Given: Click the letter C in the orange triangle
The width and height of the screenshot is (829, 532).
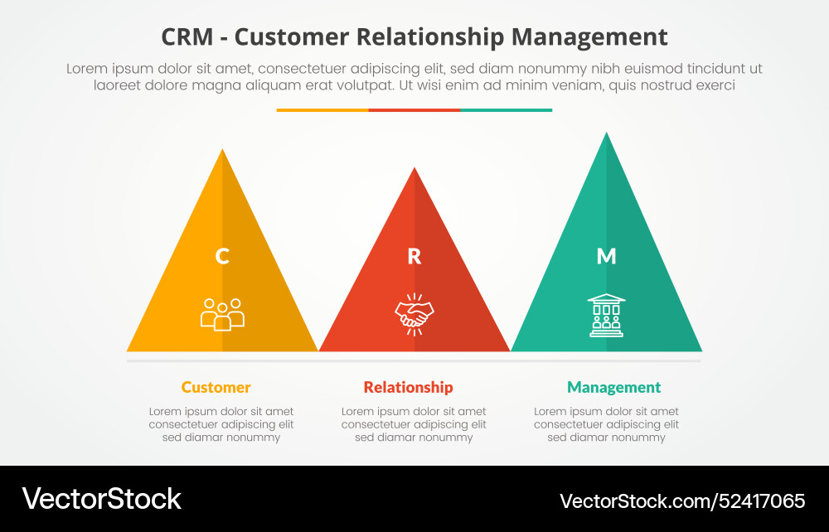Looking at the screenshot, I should (x=222, y=256).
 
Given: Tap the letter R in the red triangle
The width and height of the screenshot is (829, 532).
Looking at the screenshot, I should (x=414, y=256).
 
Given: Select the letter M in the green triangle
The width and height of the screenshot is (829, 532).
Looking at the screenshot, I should (x=607, y=256).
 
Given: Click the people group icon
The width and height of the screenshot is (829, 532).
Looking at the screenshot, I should (x=222, y=314).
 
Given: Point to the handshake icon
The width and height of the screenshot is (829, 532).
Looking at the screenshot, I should (x=414, y=314).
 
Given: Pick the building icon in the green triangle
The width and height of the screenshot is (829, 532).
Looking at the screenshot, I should (x=607, y=315).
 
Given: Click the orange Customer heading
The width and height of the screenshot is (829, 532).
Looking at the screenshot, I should (x=216, y=387).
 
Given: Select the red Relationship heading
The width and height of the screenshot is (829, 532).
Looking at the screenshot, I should (x=408, y=387).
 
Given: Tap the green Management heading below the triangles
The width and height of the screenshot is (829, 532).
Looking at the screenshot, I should (x=613, y=387).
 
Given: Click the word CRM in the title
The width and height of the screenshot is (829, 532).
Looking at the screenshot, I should (x=187, y=37).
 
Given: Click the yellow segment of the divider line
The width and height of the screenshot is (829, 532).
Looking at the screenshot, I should (x=322, y=109).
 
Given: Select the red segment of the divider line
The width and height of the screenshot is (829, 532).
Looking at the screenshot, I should (x=414, y=109).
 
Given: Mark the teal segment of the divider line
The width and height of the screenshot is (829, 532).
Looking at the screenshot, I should (x=506, y=109).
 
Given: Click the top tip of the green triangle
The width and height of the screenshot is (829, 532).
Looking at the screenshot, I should (x=607, y=135).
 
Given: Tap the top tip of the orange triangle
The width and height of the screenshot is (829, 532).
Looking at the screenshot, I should (x=222, y=152).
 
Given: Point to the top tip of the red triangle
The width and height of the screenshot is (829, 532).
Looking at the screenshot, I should (x=414, y=170).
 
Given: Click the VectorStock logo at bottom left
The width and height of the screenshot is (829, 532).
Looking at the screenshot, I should (x=101, y=499).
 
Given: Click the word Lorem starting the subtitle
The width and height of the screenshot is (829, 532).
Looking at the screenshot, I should (x=86, y=69).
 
